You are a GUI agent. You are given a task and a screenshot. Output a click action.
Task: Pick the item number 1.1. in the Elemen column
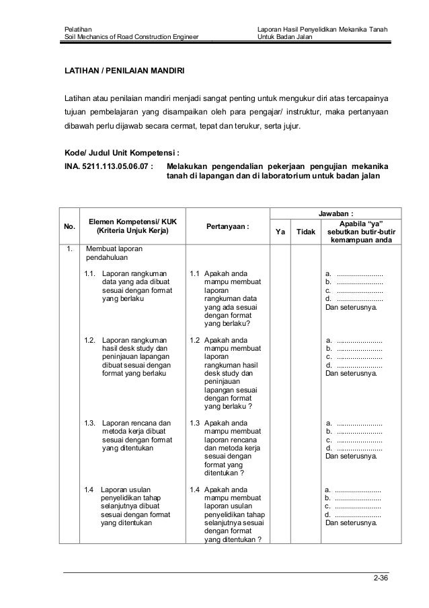(x=91, y=274)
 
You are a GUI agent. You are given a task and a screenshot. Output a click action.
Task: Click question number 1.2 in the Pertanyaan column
(x=195, y=341)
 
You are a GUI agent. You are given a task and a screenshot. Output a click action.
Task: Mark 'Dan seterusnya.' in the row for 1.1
(x=351, y=309)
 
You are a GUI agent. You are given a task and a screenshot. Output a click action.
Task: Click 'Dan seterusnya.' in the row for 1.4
(x=351, y=522)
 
